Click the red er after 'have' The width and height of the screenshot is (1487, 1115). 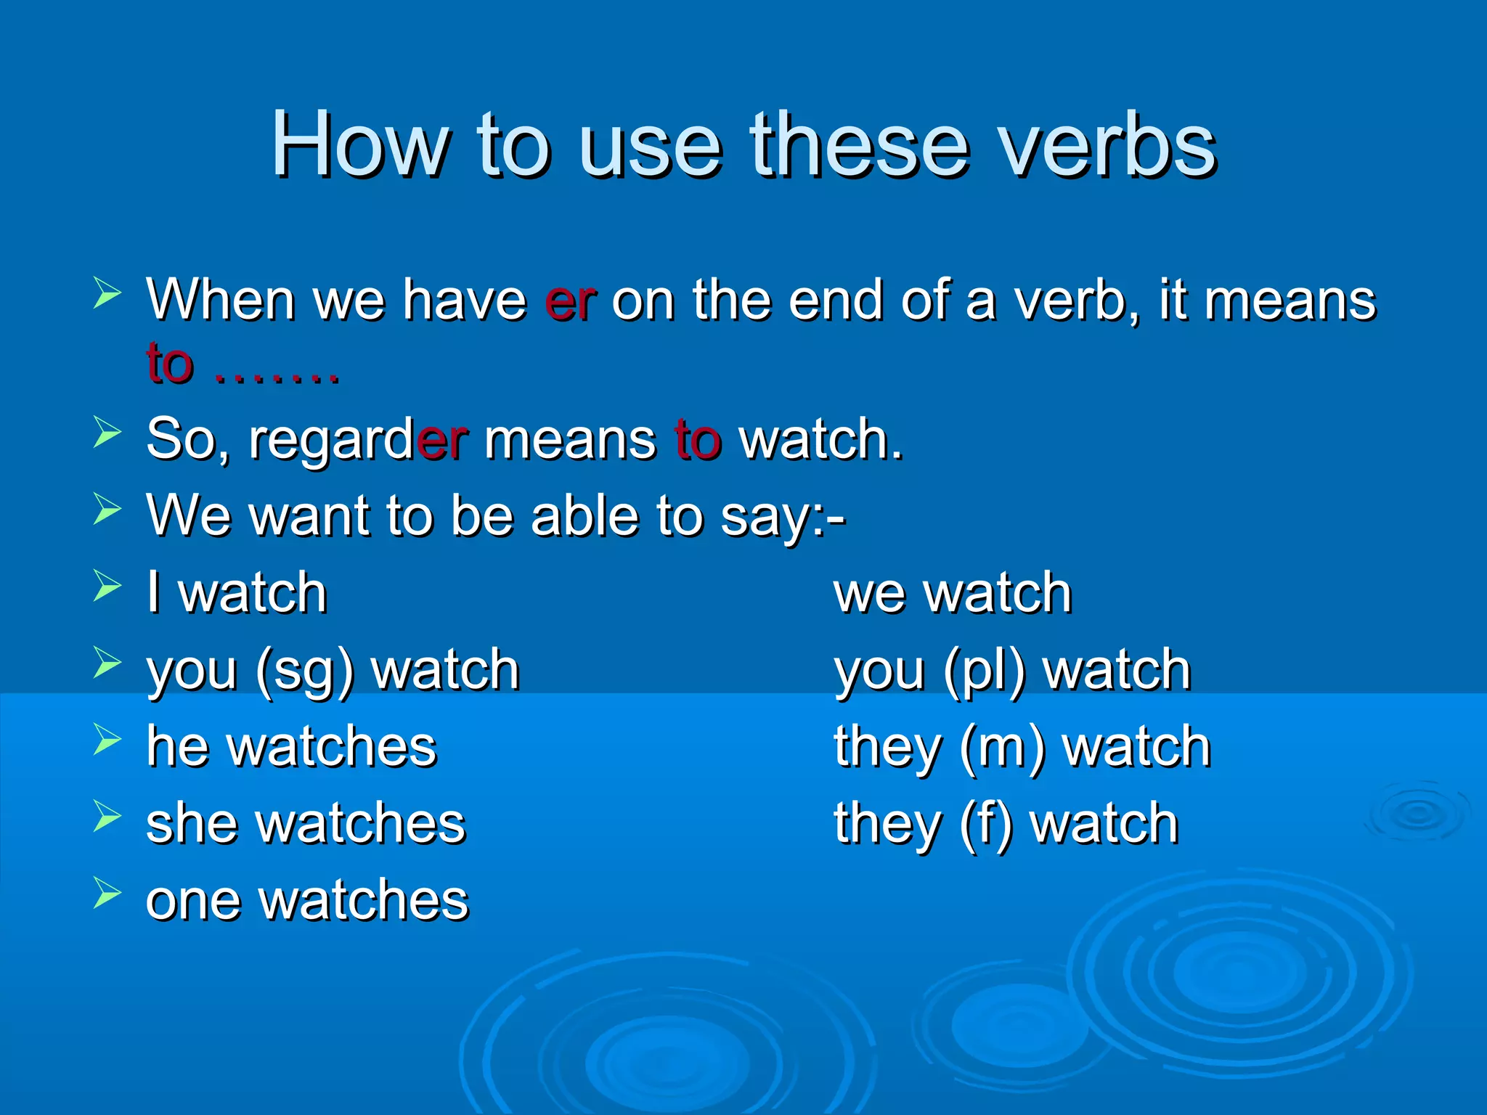tap(571, 300)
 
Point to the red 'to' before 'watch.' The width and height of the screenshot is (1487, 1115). tap(698, 439)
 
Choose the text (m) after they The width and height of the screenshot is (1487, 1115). tap(1003, 748)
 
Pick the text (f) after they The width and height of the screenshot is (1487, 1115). tap(985, 825)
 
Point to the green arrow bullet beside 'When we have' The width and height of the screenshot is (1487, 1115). tap(107, 294)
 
